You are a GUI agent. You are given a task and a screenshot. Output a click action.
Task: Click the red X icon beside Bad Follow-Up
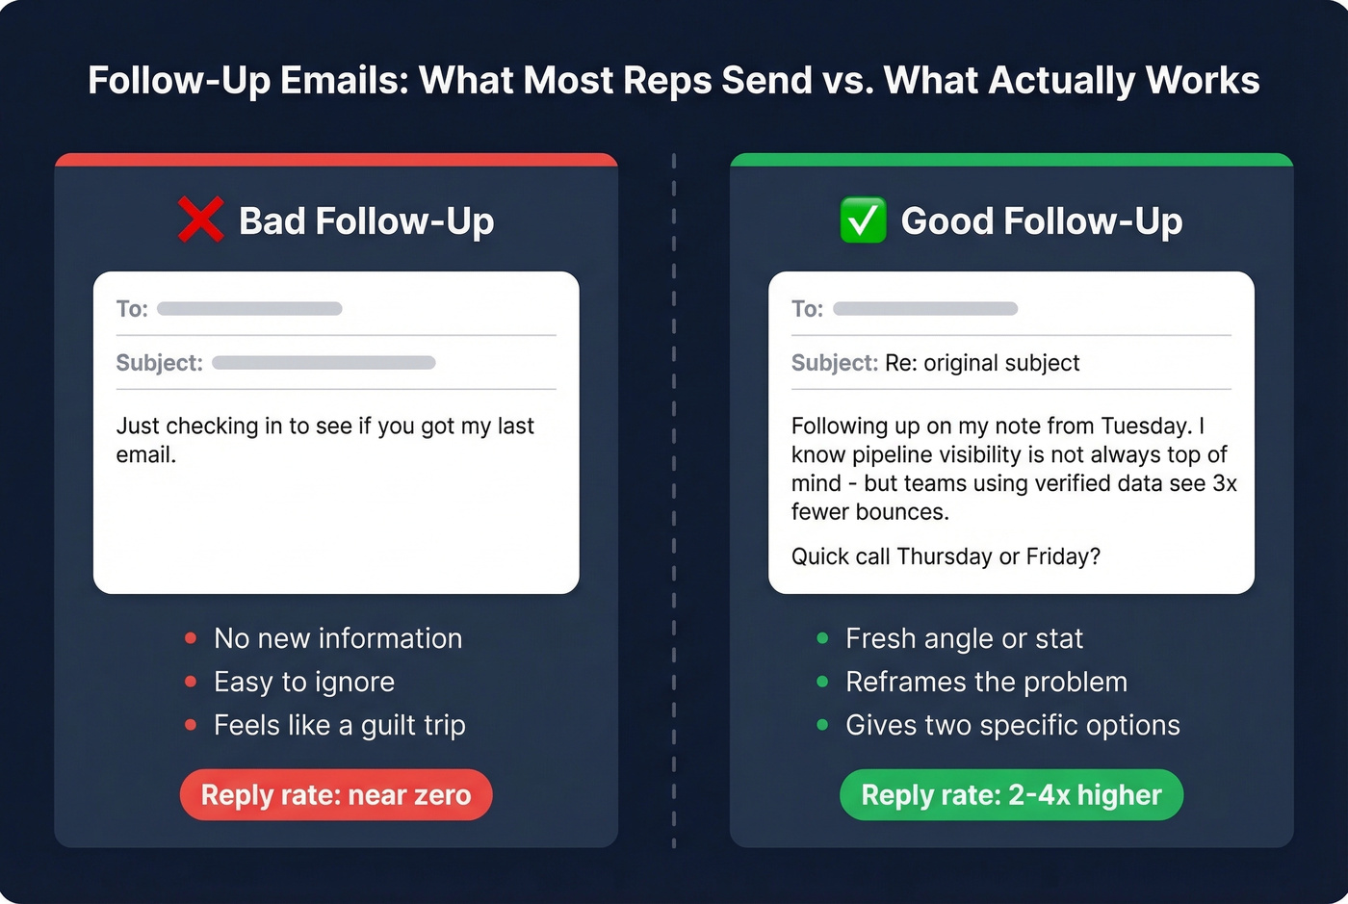[200, 220]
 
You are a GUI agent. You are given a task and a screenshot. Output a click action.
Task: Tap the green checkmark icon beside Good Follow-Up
[863, 220]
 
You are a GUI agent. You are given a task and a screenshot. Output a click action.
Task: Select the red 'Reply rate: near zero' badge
[336, 795]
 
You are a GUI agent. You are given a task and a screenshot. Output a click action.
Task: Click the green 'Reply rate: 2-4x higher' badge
[1011, 795]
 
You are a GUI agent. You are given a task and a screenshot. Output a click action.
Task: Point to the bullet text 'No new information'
[338, 638]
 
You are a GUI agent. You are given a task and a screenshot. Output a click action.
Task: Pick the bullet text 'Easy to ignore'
[304, 682]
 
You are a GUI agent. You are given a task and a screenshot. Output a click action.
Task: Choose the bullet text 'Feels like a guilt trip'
[340, 725]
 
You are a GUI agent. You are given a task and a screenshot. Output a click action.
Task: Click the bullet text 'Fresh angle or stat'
[964, 638]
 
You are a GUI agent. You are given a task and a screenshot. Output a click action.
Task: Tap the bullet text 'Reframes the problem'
[986, 682]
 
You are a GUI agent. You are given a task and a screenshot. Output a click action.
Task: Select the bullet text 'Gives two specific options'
[1012, 725]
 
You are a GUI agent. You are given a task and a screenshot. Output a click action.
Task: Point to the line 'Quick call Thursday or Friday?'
[946, 556]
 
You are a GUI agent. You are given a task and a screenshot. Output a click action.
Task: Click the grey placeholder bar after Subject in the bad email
[324, 363]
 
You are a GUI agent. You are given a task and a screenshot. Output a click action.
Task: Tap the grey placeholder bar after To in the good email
[925, 309]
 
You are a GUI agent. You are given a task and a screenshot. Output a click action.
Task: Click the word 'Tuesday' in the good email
[1146, 426]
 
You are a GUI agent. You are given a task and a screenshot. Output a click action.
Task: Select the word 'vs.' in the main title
[848, 81]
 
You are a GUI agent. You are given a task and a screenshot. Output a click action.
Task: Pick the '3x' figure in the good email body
[1225, 483]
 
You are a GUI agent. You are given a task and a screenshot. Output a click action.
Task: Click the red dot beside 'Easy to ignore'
[191, 682]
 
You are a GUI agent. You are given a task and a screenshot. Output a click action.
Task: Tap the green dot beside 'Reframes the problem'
[822, 682]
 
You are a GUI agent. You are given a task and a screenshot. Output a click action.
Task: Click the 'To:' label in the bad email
[132, 309]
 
